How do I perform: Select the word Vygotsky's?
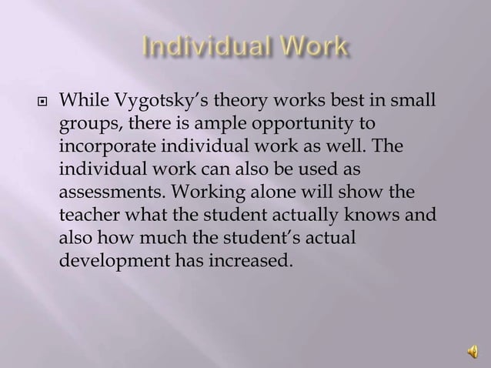pos(156,101)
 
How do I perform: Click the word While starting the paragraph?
pos(83,101)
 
